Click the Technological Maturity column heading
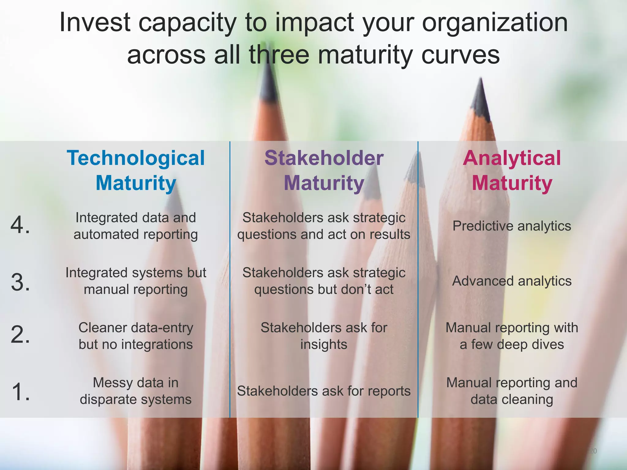click(136, 170)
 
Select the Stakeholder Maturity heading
click(324, 170)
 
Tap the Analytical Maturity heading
click(512, 170)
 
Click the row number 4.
click(20, 225)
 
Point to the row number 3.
click(20, 282)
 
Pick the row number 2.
click(20, 335)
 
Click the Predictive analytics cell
click(512, 226)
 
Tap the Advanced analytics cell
click(512, 281)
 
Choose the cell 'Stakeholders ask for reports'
click(324, 391)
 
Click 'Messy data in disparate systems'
click(136, 391)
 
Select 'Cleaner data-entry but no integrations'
click(136, 336)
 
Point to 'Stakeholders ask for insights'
click(324, 336)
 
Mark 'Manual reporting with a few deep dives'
click(512, 336)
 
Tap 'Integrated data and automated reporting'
click(136, 226)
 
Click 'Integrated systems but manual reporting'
click(136, 281)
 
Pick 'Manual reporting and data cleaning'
click(512, 391)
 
